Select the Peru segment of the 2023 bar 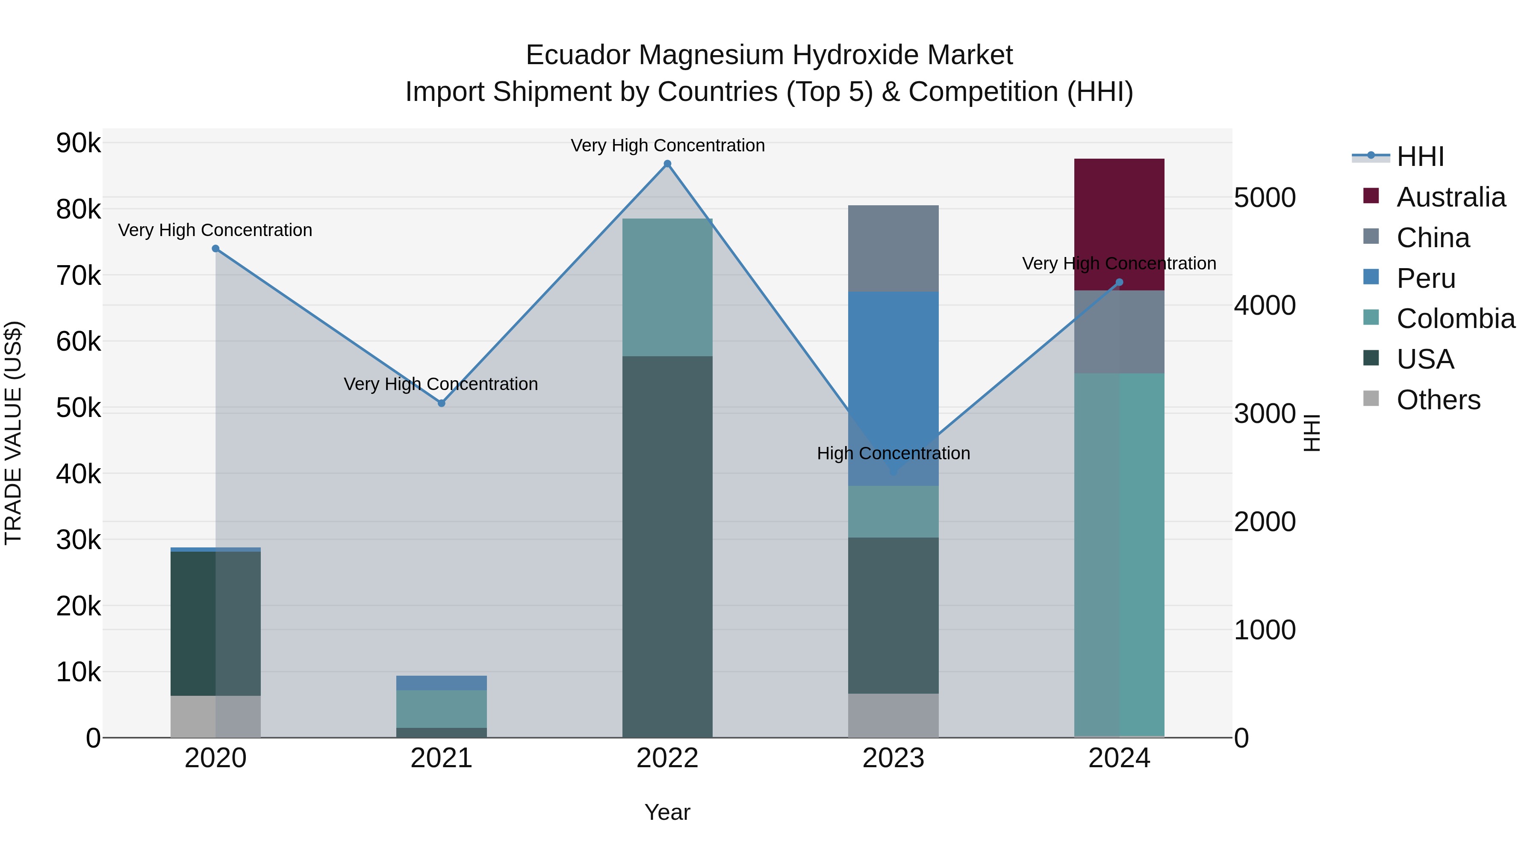(x=893, y=388)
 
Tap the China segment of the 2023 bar (x=893, y=248)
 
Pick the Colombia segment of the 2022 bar (x=667, y=287)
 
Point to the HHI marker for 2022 (x=667, y=164)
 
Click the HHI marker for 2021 (x=442, y=403)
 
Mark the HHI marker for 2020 (x=216, y=248)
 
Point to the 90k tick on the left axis (x=78, y=143)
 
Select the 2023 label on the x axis (x=893, y=758)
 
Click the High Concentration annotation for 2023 (x=893, y=454)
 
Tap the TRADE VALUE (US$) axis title (x=13, y=433)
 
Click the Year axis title (x=667, y=812)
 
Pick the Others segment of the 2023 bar (x=893, y=715)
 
